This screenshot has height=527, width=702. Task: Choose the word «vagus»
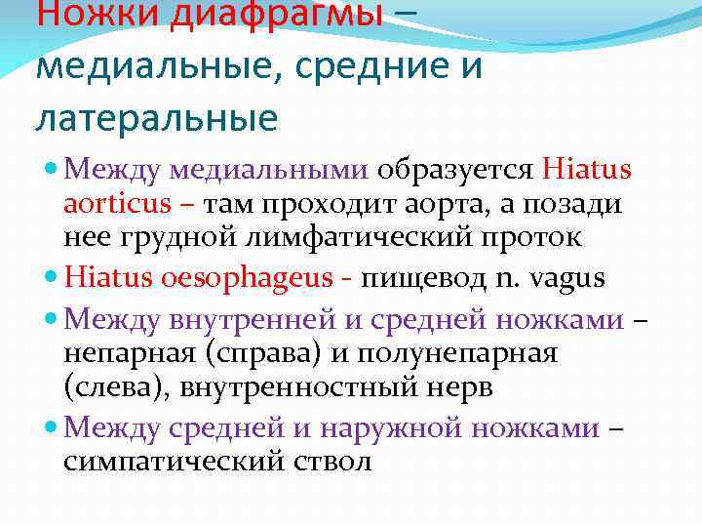[570, 278]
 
